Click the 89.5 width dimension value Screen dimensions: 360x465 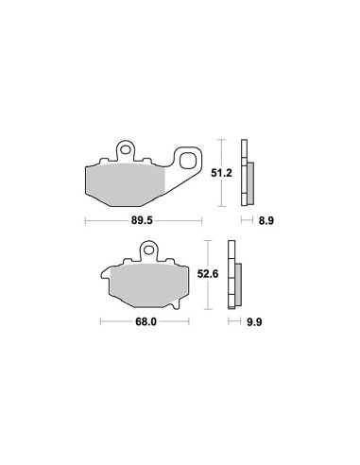(x=142, y=220)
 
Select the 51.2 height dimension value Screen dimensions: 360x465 (x=221, y=173)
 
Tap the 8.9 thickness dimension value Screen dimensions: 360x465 (x=266, y=221)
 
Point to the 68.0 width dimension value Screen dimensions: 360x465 (x=146, y=322)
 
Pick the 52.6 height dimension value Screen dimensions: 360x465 (x=208, y=274)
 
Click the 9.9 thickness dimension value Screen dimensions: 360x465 (x=254, y=322)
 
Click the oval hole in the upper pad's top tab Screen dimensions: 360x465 (x=126, y=148)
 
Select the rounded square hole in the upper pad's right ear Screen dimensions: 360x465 (x=187, y=161)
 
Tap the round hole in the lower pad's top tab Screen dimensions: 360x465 (x=148, y=250)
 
